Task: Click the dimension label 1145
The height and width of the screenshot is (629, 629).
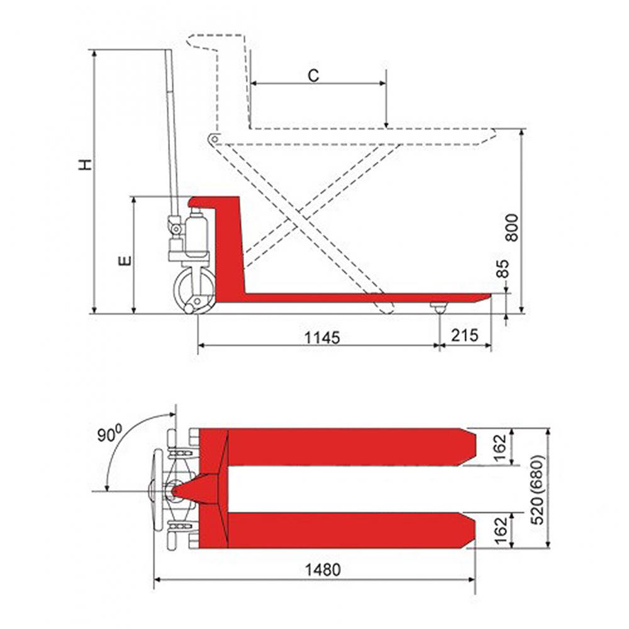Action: (322, 337)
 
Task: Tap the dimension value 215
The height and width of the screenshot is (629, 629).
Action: (465, 335)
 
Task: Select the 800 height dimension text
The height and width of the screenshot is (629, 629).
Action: (511, 228)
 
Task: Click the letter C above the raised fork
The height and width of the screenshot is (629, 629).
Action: (314, 75)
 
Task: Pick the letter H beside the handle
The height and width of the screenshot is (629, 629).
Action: (85, 165)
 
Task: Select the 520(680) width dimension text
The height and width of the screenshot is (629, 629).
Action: (537, 490)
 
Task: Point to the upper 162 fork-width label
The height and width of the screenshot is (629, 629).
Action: (501, 448)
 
